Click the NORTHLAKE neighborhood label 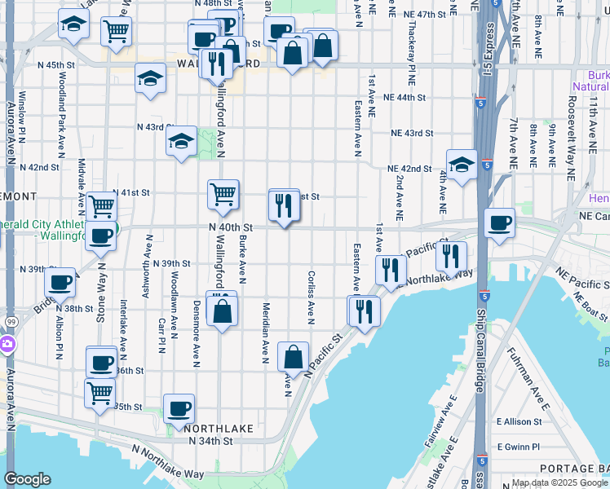[x=214, y=427]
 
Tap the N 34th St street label [x=210, y=441]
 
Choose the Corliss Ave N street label [x=312, y=297]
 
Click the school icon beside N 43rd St [x=181, y=142]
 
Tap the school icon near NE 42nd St [x=462, y=165]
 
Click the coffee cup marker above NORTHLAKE [x=179, y=407]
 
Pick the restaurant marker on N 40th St [x=284, y=204]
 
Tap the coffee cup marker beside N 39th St [x=60, y=282]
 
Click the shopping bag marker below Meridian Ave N [x=293, y=356]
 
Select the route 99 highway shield [x=7, y=324]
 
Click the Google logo [x=27, y=480]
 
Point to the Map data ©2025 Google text [x=559, y=482]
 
